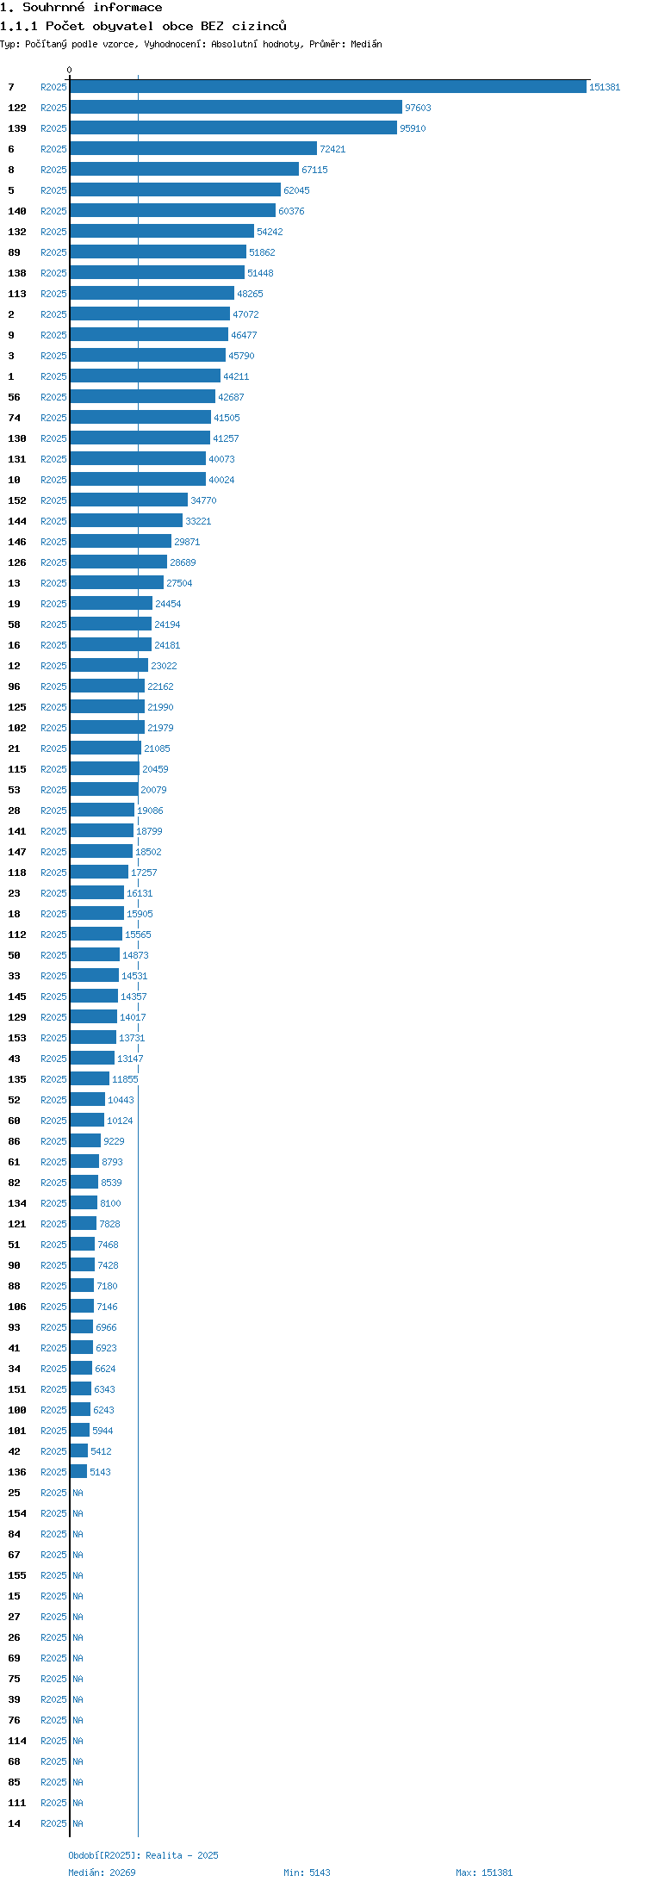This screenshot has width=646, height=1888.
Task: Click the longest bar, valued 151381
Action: click(328, 87)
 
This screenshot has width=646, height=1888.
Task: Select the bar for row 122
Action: click(236, 108)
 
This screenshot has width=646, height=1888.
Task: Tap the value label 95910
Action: click(413, 128)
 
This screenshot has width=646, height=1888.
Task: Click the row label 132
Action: click(17, 232)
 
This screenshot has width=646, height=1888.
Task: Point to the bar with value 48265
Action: click(152, 294)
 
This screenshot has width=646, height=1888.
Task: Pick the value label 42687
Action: click(231, 397)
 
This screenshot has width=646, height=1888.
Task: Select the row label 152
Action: click(17, 500)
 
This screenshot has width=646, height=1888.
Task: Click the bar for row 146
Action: click(121, 542)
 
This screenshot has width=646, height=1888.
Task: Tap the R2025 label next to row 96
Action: click(53, 686)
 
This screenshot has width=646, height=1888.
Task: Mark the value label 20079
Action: click(153, 790)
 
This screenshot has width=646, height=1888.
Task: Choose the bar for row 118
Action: click(99, 873)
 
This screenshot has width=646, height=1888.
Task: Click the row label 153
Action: click(17, 1038)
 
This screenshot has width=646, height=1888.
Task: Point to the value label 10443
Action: click(121, 1100)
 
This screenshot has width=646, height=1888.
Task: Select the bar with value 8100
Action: click(84, 1203)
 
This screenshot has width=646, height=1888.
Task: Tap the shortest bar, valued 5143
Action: click(78, 1472)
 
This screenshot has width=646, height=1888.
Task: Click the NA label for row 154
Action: click(78, 1513)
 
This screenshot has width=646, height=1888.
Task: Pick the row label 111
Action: click(17, 1803)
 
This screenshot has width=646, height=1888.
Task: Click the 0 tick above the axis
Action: click(70, 70)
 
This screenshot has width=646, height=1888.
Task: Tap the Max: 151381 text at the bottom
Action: click(484, 1872)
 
